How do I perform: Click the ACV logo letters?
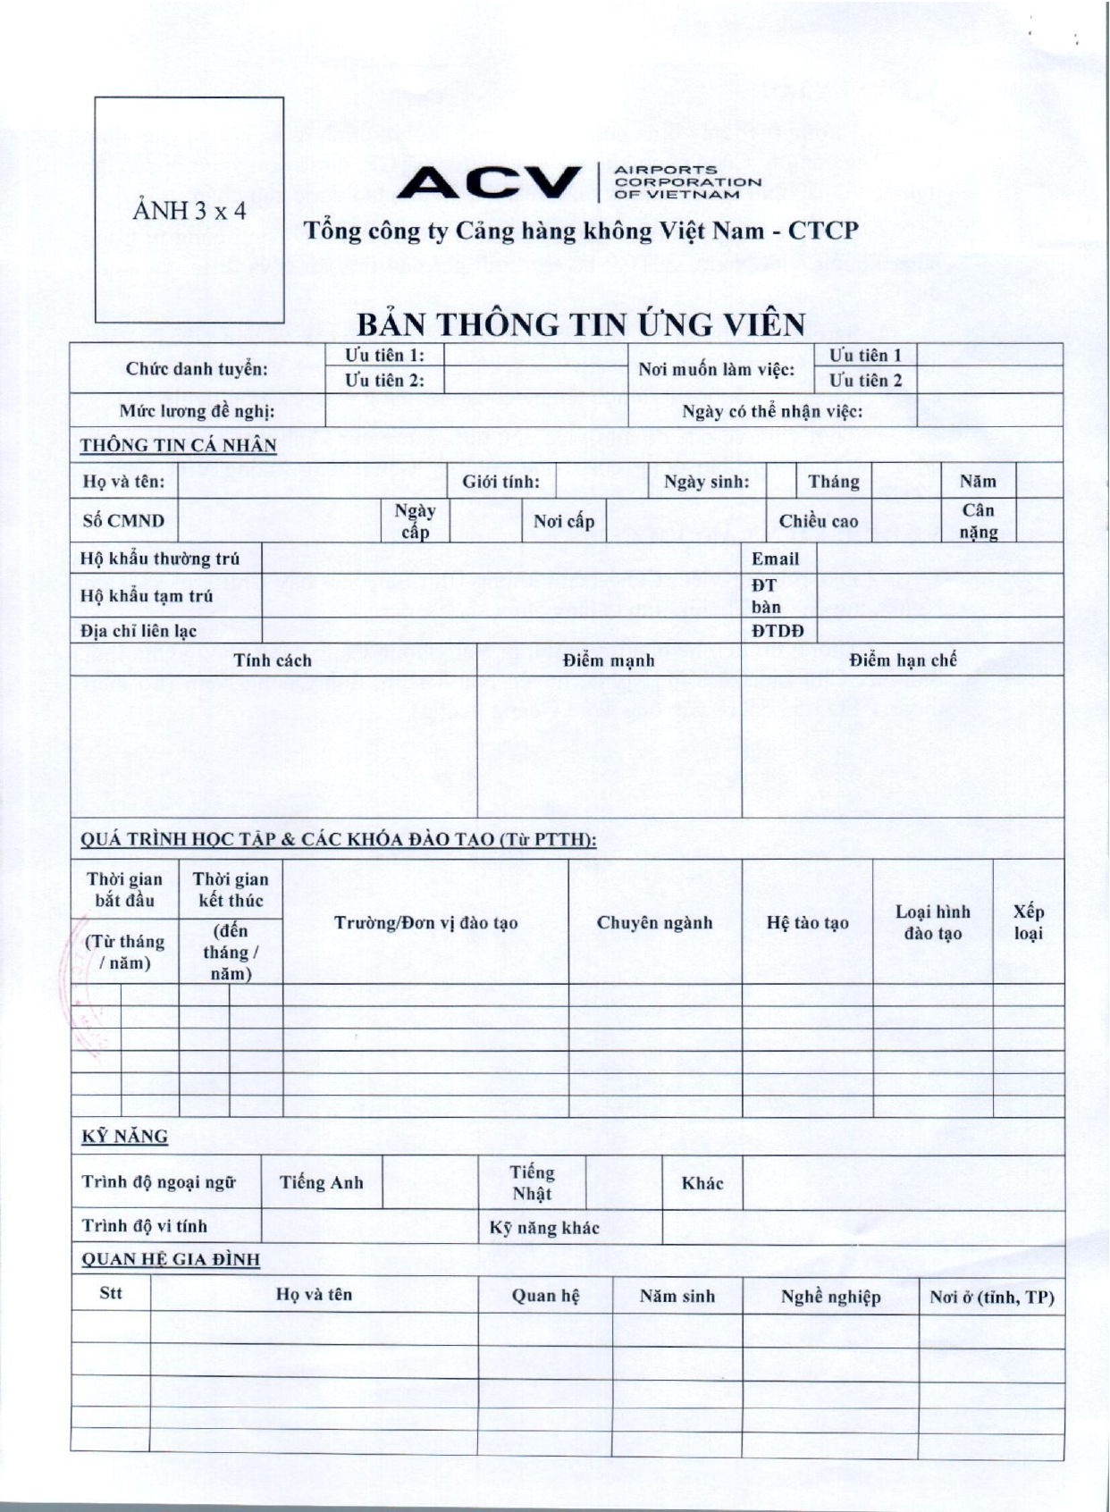click(x=489, y=182)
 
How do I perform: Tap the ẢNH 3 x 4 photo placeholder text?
click(x=189, y=211)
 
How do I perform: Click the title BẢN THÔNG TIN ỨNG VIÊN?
click(x=581, y=323)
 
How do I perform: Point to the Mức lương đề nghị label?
click(x=197, y=412)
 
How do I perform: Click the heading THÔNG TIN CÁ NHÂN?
click(x=178, y=445)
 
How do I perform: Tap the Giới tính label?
click(x=500, y=482)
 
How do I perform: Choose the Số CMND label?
click(x=123, y=521)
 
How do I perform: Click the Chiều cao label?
click(x=818, y=521)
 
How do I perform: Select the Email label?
click(x=775, y=559)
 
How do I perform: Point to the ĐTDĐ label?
click(x=778, y=631)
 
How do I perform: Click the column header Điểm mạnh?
click(x=609, y=660)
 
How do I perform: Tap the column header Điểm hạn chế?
click(x=903, y=660)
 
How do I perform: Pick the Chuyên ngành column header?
click(x=654, y=922)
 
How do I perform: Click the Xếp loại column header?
click(x=1028, y=922)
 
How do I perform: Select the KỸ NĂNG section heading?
click(x=124, y=1137)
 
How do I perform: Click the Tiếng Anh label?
click(x=321, y=1183)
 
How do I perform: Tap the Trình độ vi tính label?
click(x=144, y=1226)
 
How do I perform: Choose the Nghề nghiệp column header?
click(x=830, y=1297)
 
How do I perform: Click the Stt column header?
click(x=111, y=1293)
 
